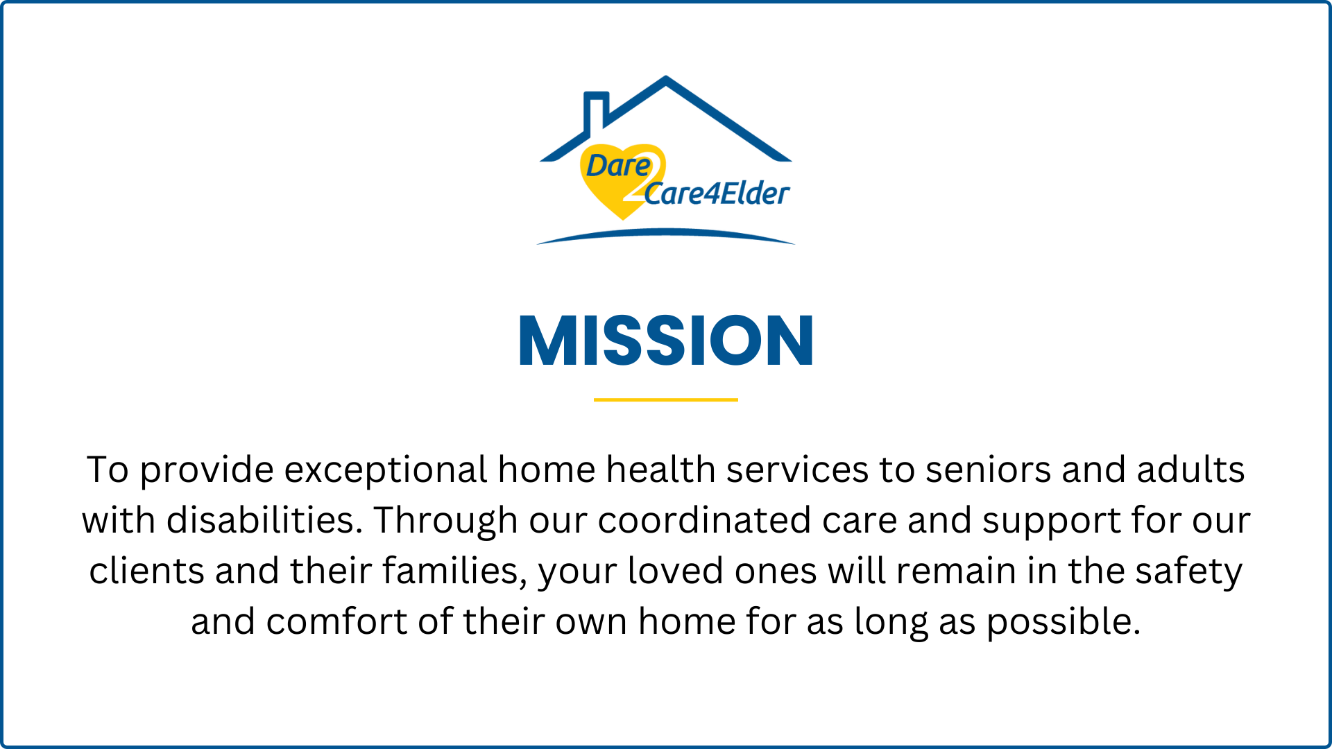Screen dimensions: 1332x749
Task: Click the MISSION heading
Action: tap(666, 340)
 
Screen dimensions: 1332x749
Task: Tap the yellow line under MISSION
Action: tap(666, 399)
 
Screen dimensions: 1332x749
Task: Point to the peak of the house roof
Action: tap(666, 77)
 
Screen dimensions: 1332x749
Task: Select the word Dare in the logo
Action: tap(619, 166)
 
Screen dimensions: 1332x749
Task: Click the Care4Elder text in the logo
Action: tap(717, 193)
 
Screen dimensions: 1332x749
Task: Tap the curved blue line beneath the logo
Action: tap(666, 234)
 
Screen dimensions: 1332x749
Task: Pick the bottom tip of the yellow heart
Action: tap(623, 219)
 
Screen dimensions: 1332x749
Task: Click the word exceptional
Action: tap(386, 470)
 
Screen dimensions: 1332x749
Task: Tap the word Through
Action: tap(445, 522)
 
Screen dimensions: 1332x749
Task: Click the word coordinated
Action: tap(704, 520)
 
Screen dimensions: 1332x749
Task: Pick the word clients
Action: tap(146, 571)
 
